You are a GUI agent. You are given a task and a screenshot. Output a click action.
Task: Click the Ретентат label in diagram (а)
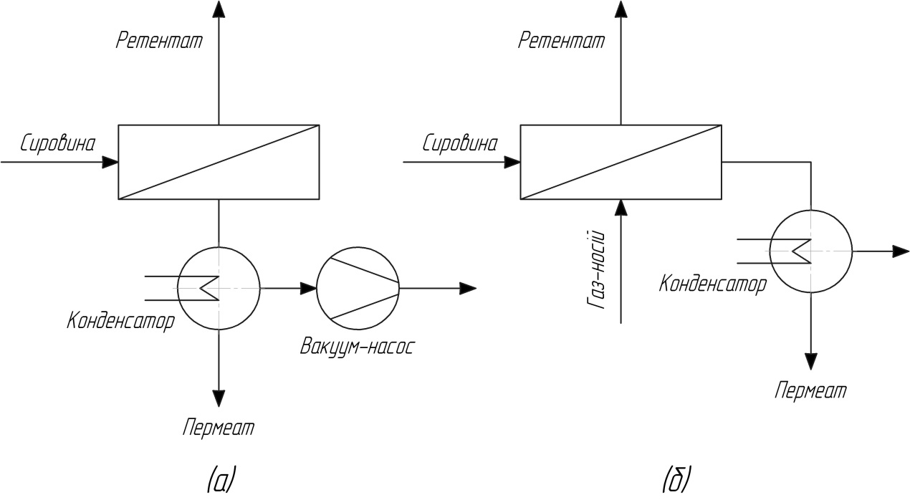tap(160, 40)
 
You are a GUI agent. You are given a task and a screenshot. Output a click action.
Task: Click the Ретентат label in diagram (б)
tap(562, 40)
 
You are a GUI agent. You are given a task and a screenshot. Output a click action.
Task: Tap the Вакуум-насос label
tap(358, 349)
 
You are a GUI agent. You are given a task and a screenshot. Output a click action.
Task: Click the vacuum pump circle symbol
tap(358, 289)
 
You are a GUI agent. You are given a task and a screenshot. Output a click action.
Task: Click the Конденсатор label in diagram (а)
tap(120, 320)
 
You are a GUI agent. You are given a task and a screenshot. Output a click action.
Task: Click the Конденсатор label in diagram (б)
tap(713, 284)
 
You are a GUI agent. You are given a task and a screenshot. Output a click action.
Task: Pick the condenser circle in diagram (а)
tap(219, 289)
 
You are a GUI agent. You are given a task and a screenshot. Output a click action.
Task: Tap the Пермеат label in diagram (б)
tap(810, 391)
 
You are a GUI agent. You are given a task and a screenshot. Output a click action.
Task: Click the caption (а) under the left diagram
tap(219, 478)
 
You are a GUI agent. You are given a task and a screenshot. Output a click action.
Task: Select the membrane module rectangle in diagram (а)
tap(219, 162)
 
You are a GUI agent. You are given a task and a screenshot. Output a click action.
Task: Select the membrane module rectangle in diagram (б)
tap(621, 162)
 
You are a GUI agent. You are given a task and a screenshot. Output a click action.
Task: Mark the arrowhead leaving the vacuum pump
tap(468, 289)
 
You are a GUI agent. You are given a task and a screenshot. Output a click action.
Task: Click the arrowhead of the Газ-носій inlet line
tap(621, 207)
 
